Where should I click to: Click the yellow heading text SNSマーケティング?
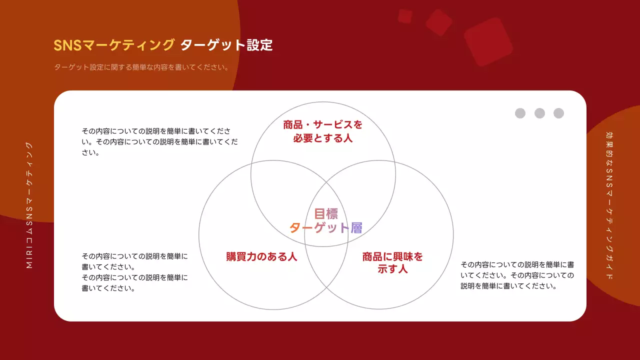pos(114,45)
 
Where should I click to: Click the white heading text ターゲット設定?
pos(226,45)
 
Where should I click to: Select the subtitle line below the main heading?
pos(141,67)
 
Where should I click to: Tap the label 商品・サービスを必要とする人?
pos(323,131)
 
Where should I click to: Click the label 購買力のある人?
pos(261,257)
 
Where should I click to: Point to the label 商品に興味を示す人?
pos(392,262)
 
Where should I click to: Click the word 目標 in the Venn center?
pos(326,214)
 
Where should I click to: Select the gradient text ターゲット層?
pos(326,228)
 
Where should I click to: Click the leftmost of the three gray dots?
pos(520,113)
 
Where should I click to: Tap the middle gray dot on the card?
pos(539,113)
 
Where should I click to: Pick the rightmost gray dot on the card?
pos(558,113)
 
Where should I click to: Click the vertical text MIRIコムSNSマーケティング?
pos(29,205)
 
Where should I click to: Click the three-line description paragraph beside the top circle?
pos(159,142)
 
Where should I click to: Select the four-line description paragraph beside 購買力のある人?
pos(135,272)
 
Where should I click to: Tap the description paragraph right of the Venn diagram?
pos(517,275)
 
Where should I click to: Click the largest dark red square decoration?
pos(488,42)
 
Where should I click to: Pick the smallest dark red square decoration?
pos(405,16)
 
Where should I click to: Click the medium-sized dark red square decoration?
pos(438,22)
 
